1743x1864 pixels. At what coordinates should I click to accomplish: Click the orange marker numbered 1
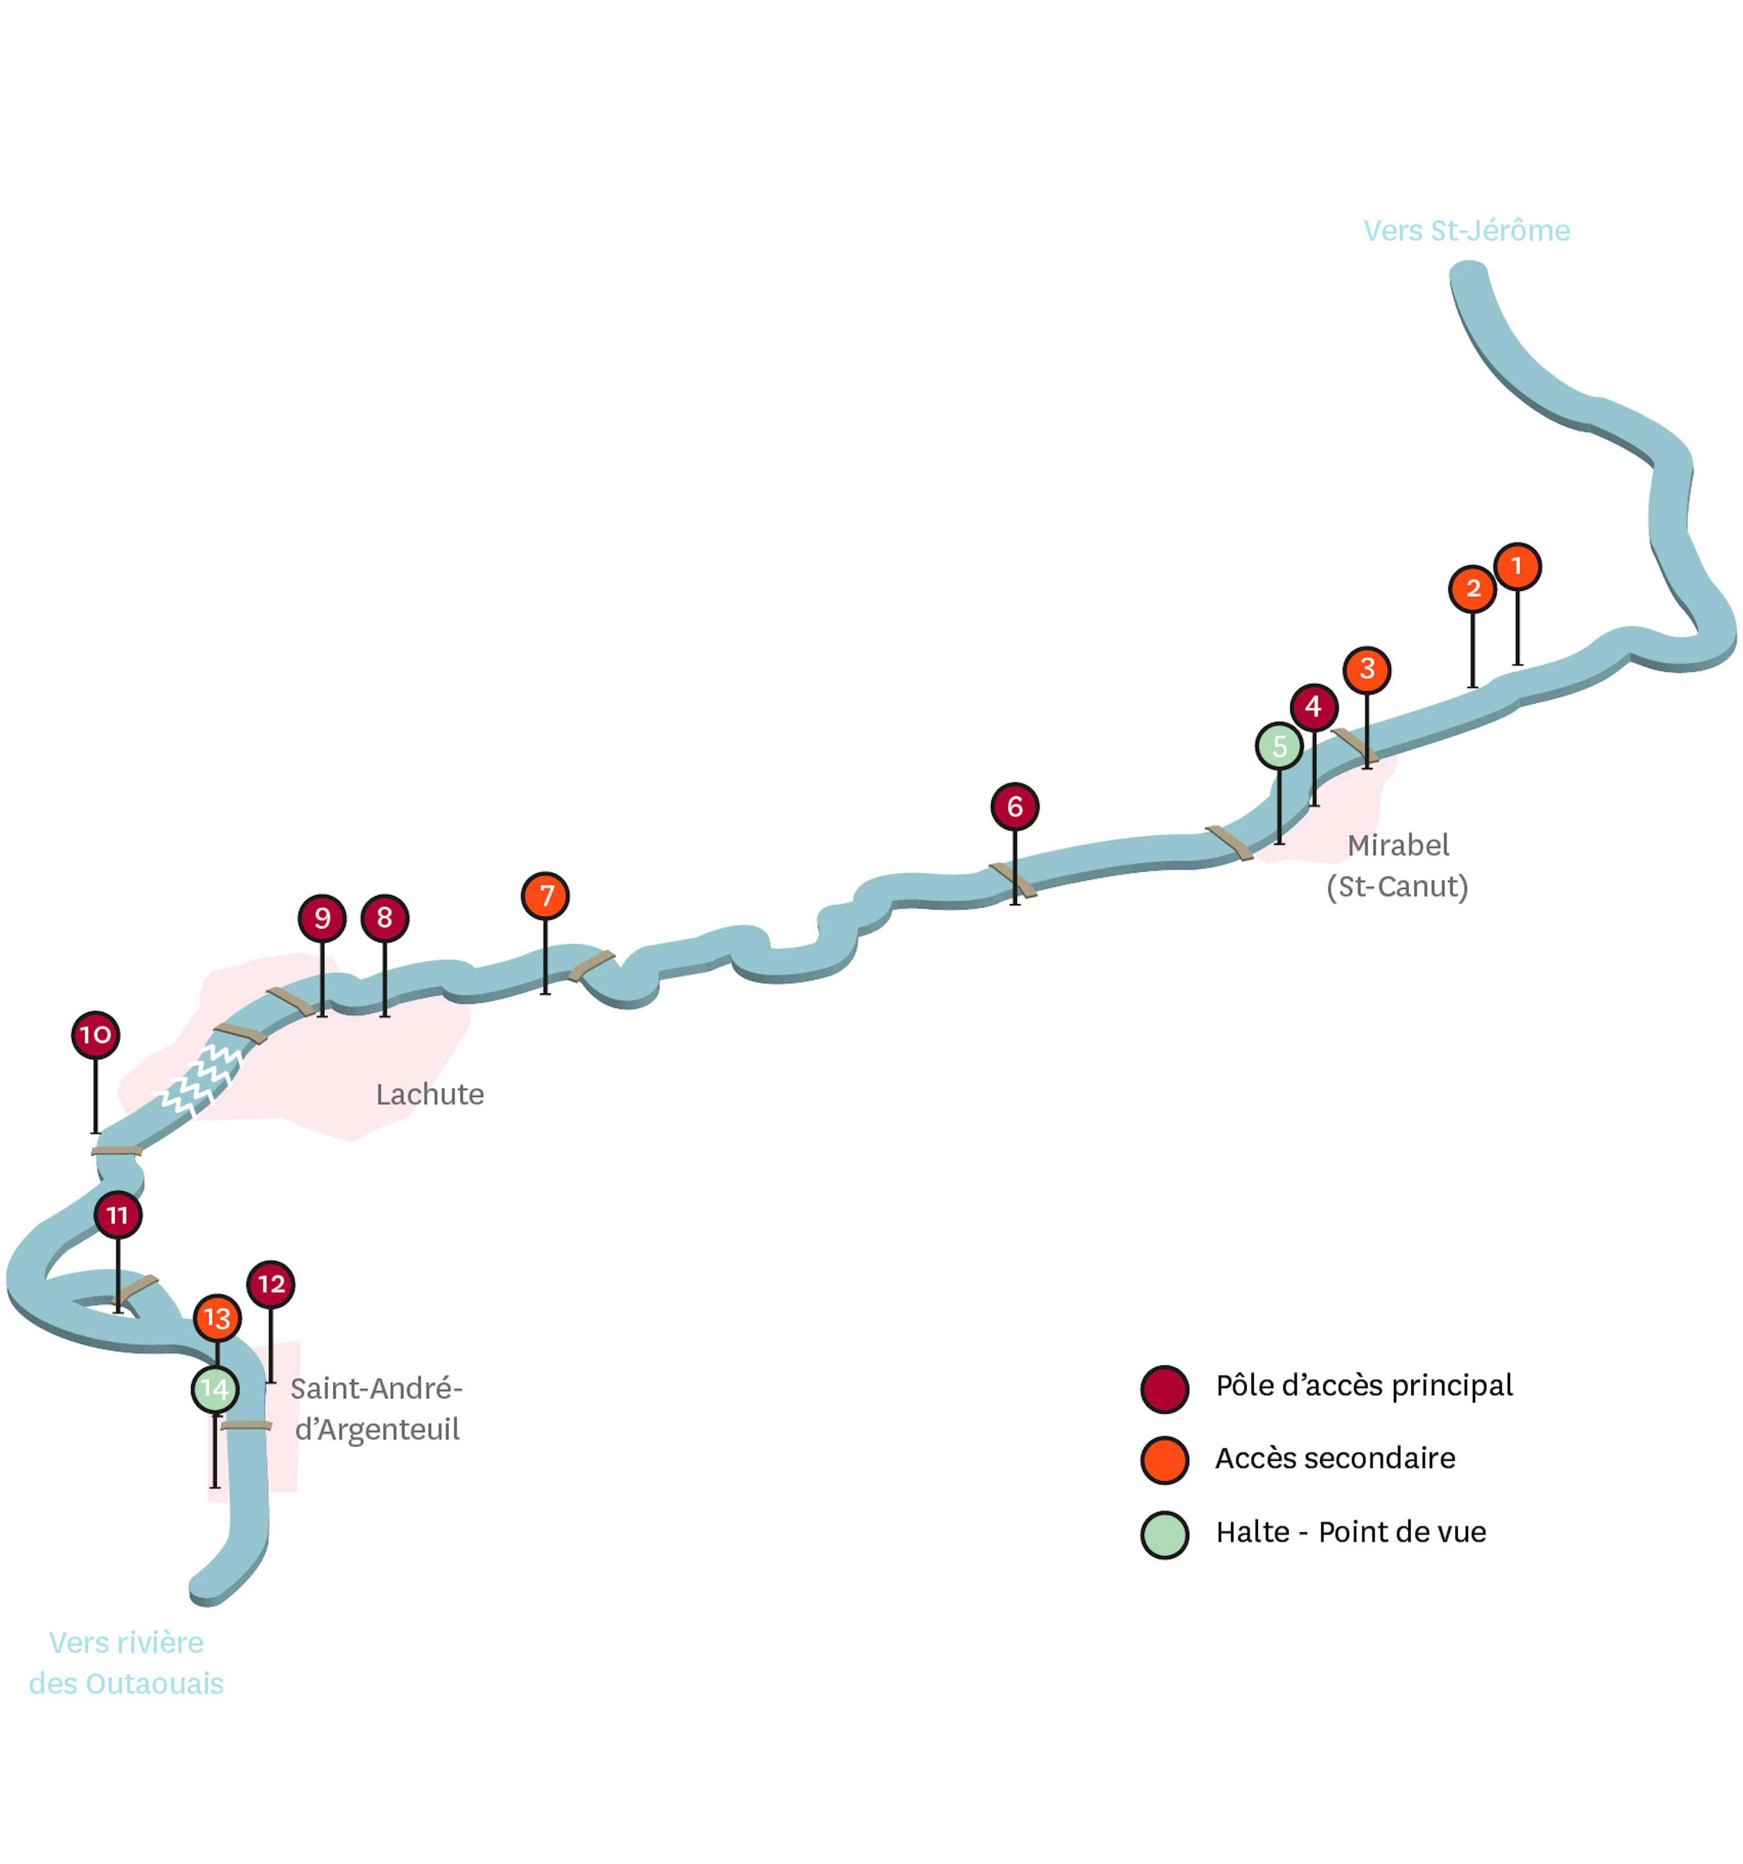click(x=1517, y=567)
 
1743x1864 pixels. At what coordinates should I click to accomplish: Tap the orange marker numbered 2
click(x=1472, y=589)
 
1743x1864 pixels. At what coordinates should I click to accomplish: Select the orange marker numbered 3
click(x=1367, y=669)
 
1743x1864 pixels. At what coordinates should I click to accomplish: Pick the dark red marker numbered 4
click(x=1314, y=707)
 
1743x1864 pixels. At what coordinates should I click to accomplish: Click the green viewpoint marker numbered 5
click(x=1279, y=746)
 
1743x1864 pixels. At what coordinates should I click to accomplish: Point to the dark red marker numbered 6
click(x=1014, y=806)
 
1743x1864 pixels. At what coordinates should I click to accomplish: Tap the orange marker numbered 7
click(x=545, y=895)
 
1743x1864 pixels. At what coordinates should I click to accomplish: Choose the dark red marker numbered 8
click(x=385, y=918)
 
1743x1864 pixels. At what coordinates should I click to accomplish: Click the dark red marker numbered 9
click(x=322, y=918)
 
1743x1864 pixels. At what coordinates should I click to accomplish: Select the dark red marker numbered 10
click(x=96, y=1035)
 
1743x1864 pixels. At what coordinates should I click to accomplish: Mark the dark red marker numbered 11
click(x=117, y=1215)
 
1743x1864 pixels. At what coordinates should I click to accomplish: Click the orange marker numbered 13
click(x=217, y=1318)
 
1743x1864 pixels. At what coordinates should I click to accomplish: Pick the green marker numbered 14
click(x=215, y=1389)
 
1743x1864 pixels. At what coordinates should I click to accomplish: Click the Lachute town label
click(x=429, y=1094)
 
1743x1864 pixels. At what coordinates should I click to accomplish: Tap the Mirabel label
click(x=1398, y=846)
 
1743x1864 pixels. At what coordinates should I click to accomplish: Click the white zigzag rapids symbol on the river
click(x=200, y=1079)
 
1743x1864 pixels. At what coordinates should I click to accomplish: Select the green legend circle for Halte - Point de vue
click(x=1164, y=1535)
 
